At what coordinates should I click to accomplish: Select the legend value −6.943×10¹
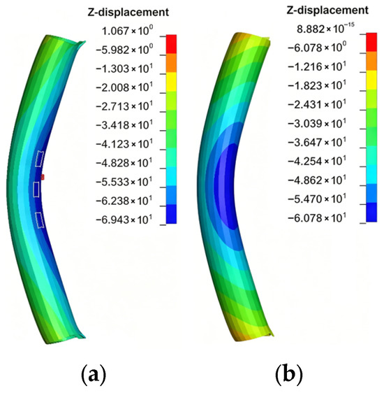(124, 220)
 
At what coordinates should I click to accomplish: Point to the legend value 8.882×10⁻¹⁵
(325, 29)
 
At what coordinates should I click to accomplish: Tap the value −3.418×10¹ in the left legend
(124, 125)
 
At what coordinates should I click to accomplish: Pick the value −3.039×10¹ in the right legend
(317, 123)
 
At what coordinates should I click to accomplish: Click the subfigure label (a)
(94, 375)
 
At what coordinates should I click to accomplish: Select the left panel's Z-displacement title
(128, 12)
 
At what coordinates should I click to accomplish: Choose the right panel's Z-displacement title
(327, 10)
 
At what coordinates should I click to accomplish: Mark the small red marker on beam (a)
(43, 178)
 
